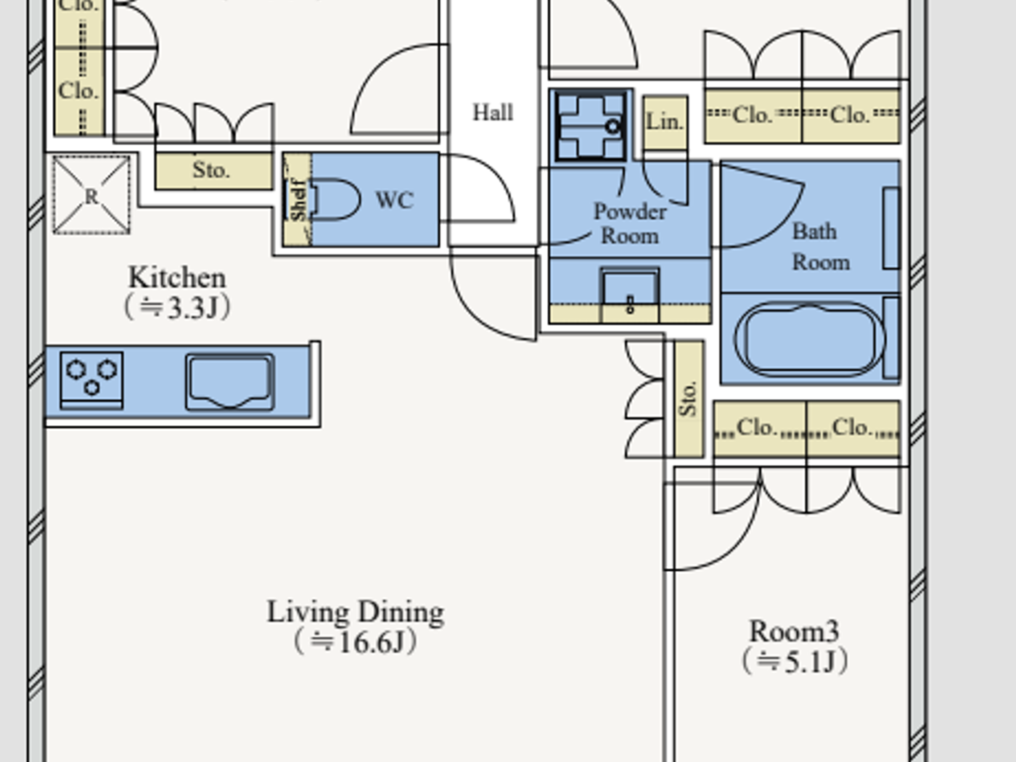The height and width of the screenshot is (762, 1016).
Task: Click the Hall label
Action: pyautogui.click(x=493, y=112)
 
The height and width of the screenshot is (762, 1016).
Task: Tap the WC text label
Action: pyautogui.click(x=394, y=200)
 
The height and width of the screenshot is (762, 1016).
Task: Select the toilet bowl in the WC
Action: pyautogui.click(x=336, y=200)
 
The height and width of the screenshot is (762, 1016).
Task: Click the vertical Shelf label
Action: pyautogui.click(x=298, y=200)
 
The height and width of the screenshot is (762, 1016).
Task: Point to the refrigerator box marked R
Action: pyautogui.click(x=91, y=195)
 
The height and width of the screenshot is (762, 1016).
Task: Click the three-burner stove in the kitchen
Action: pyautogui.click(x=91, y=379)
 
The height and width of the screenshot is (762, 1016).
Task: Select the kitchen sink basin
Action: pyautogui.click(x=229, y=381)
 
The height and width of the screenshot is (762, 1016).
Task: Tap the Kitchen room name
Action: pyautogui.click(x=177, y=277)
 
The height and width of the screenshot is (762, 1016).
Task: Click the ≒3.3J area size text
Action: pyautogui.click(x=177, y=308)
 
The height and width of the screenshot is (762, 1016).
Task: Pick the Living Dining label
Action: pyautogui.click(x=355, y=612)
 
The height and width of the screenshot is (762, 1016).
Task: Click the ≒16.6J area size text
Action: pyautogui.click(x=355, y=642)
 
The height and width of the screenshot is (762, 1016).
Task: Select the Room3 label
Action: pyautogui.click(x=794, y=631)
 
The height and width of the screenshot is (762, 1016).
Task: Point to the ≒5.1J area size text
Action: pyautogui.click(x=794, y=661)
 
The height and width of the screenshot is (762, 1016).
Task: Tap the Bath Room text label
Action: pyautogui.click(x=818, y=246)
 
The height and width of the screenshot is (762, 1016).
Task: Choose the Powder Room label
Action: pyautogui.click(x=629, y=224)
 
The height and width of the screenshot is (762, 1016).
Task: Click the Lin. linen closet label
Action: pyautogui.click(x=665, y=122)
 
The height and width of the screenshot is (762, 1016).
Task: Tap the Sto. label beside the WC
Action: pyautogui.click(x=211, y=171)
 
